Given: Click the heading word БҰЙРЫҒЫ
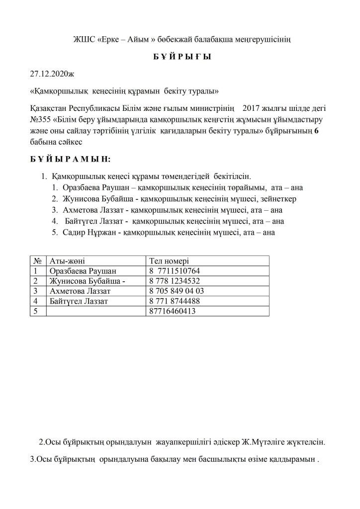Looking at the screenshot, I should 180,57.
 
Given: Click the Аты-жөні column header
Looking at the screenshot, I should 67,261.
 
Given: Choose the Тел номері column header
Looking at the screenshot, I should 169,261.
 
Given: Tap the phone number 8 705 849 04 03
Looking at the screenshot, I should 176,291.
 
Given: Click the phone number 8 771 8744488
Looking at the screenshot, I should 174,301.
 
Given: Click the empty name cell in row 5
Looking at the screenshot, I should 95,312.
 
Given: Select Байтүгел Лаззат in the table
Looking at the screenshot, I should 79,301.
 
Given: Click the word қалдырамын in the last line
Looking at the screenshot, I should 291,460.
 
